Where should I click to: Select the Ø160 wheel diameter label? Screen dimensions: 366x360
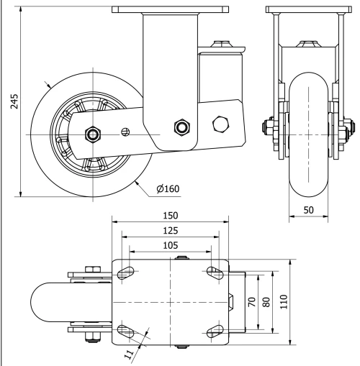point(167,189)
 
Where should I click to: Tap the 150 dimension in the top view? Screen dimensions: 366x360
point(170,215)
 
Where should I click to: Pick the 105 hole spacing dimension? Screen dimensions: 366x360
point(170,245)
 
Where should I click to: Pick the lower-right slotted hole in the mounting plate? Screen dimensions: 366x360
point(215,331)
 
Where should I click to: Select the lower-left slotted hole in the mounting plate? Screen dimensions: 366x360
point(127,331)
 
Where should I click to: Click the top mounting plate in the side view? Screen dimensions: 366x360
point(156,8)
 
